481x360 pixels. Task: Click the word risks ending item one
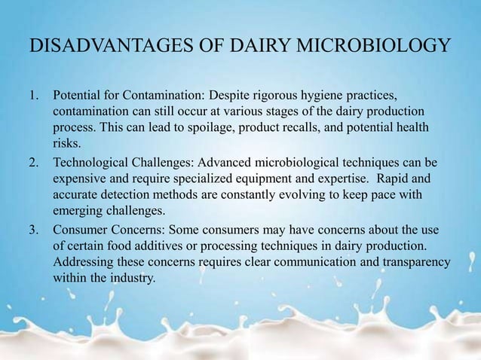[x=66, y=145]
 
